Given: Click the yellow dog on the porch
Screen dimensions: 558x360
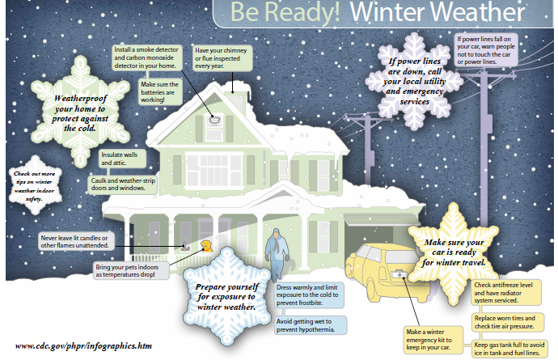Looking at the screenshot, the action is coord(206,246).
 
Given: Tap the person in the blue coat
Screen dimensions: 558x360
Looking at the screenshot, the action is coord(277,254).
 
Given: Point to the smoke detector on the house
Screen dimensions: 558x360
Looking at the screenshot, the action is coord(214,120).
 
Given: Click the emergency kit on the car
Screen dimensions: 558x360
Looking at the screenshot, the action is coord(399,274).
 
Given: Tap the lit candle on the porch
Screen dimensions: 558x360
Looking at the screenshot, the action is coord(184,247).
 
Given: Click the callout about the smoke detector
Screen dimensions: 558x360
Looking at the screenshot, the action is coord(146,57).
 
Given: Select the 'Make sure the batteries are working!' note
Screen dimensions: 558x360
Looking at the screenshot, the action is coord(160,92).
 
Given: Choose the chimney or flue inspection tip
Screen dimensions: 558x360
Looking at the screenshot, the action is coord(222,58).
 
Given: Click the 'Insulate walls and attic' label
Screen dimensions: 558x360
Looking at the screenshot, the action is coord(122,159).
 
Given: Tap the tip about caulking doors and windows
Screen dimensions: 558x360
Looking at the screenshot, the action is coord(123,184).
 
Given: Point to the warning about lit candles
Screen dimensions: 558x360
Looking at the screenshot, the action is coord(76,242).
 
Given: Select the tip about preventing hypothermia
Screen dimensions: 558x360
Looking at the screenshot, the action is coord(310,325).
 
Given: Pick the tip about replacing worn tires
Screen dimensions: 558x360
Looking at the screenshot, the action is coord(508,322).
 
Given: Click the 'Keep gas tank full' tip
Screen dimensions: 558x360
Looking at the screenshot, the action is coord(509,349).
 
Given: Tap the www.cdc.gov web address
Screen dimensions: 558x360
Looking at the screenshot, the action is coord(83,345).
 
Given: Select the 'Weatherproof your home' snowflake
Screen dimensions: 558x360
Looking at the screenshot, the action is coord(80,112).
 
